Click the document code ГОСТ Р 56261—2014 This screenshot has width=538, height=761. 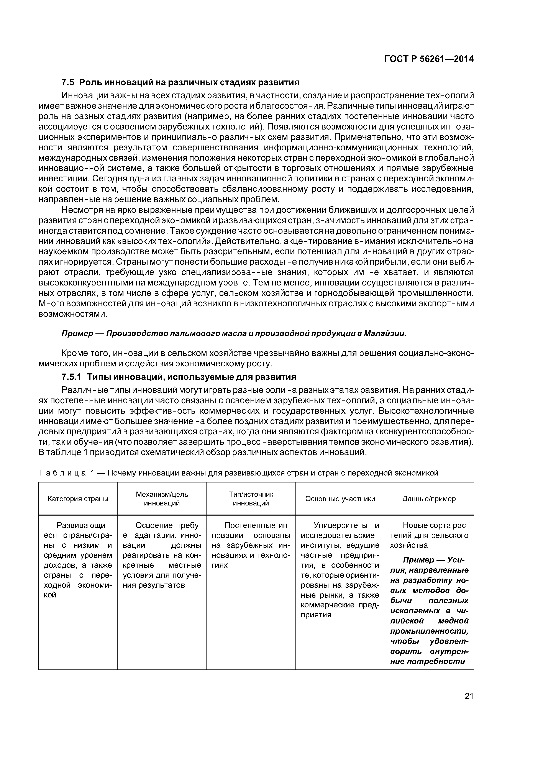tap(429, 59)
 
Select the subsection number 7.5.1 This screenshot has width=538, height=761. tap(71, 377)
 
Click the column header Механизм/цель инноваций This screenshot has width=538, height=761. tap(162, 499)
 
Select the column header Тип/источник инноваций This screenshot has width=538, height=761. tap(251, 499)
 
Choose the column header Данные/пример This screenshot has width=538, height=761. tap(429, 499)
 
